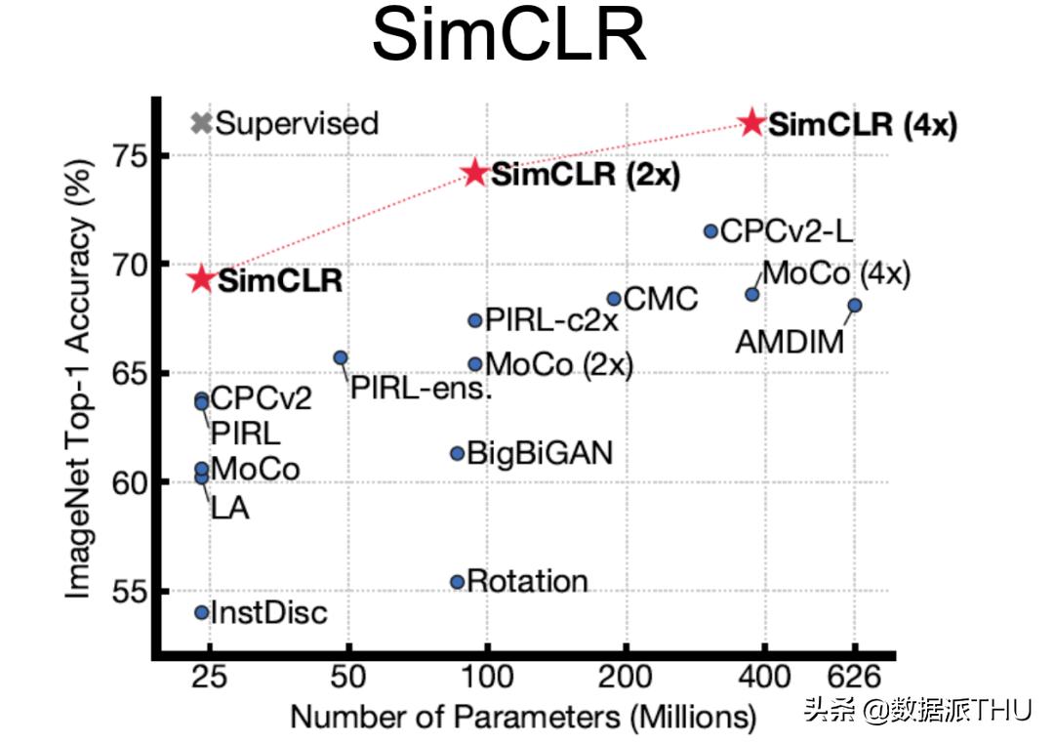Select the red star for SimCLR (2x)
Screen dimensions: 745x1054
pyautogui.click(x=475, y=174)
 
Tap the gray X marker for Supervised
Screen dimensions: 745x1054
pyautogui.click(x=201, y=123)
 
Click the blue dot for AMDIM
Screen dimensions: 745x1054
pyautogui.click(x=854, y=306)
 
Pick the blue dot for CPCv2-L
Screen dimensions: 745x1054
pyautogui.click(x=710, y=231)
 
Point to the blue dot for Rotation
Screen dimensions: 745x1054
pyautogui.click(x=457, y=582)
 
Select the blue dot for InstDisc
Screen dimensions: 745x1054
pyautogui.click(x=201, y=612)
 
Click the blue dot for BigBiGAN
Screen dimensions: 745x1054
pyautogui.click(x=457, y=453)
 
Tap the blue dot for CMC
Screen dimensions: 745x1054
pyautogui.click(x=614, y=299)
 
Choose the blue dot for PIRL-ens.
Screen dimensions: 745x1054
pyautogui.click(x=341, y=357)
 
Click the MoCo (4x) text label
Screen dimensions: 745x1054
pyautogui.click(x=834, y=274)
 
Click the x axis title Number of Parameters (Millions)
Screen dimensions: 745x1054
pyautogui.click(x=523, y=717)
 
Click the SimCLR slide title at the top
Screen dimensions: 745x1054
pyautogui.click(x=508, y=37)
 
